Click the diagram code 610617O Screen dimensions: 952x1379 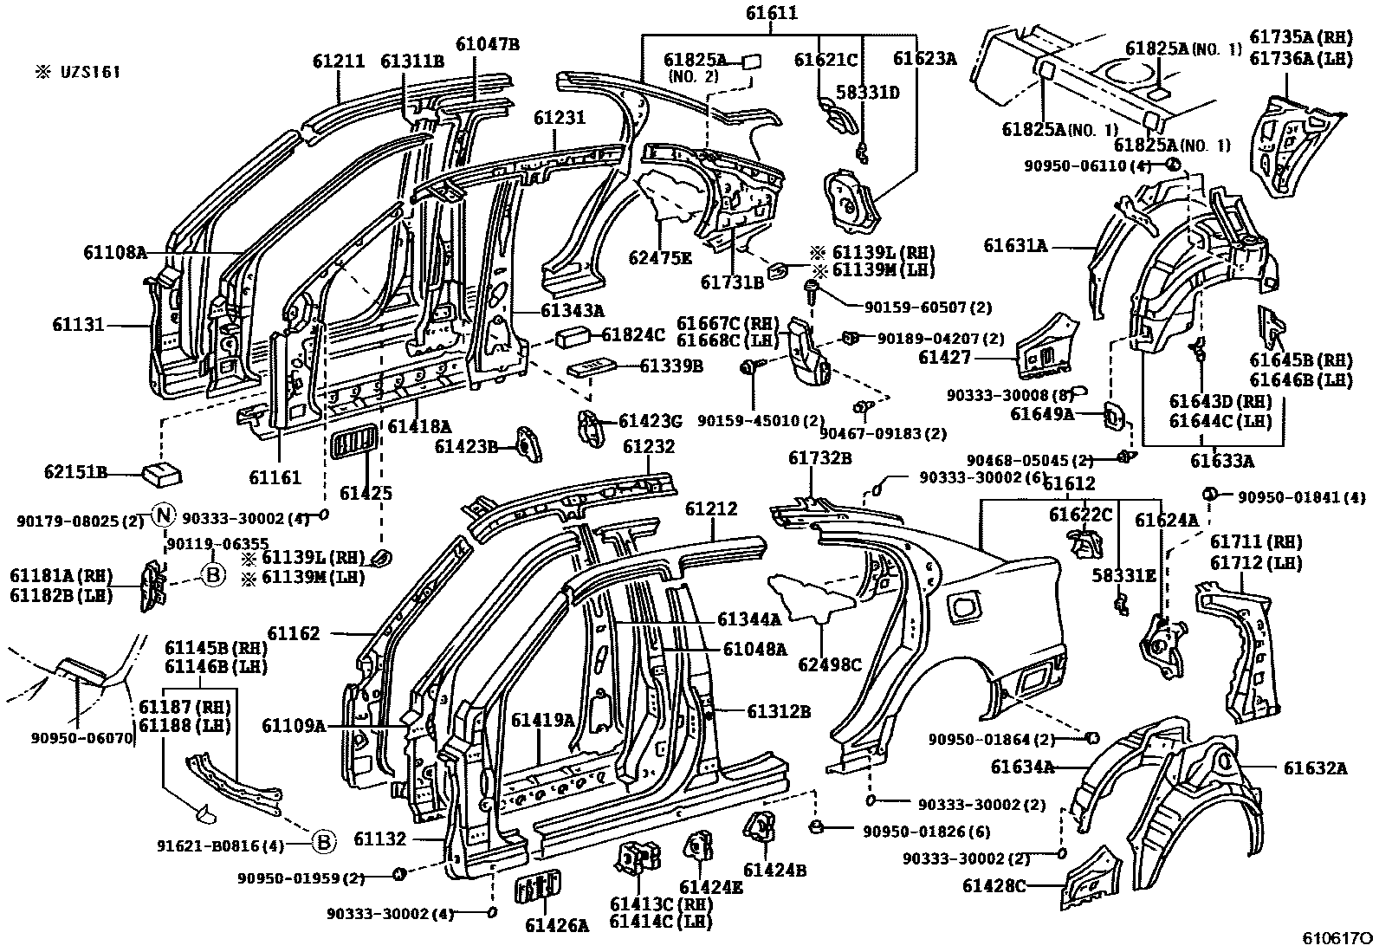coord(1338,939)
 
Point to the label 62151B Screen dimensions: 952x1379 coord(75,472)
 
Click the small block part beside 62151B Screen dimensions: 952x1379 coord(161,473)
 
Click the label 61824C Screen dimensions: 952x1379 coord(633,334)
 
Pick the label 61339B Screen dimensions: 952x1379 coord(671,366)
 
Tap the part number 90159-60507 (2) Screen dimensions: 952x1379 coord(916,307)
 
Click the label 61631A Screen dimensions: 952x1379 coord(1014,246)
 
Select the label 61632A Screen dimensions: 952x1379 coord(1315,767)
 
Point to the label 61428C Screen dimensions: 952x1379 coord(994,885)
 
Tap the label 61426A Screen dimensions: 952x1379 coord(556,925)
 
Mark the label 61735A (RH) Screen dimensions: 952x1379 coord(1300,37)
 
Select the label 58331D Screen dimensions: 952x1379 coord(867,92)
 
